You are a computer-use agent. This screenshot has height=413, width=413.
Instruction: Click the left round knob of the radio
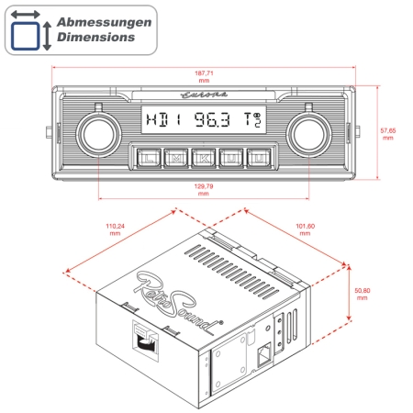tap(99, 134)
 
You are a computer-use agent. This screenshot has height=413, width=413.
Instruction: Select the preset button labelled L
tap(149, 157)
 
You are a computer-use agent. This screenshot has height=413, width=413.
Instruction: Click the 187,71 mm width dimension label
tap(203, 75)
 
